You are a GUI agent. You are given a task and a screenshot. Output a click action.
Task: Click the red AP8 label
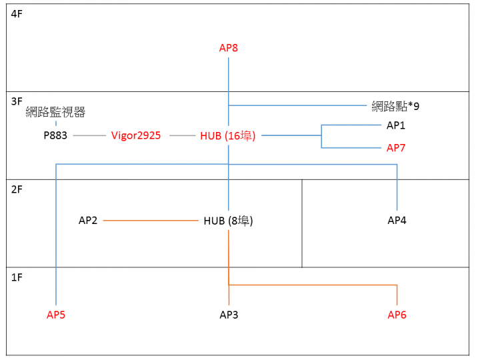pyautogui.click(x=229, y=48)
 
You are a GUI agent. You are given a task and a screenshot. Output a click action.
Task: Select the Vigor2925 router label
pyautogui.click(x=136, y=135)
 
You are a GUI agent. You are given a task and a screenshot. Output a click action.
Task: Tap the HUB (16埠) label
pyautogui.click(x=228, y=135)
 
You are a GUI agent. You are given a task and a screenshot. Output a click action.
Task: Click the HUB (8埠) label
pyautogui.click(x=229, y=221)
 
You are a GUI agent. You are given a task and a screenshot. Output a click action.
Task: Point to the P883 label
pyautogui.click(x=55, y=135)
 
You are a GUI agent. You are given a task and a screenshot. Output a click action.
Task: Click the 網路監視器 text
pyautogui.click(x=55, y=112)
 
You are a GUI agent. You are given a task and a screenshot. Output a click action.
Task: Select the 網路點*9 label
pyautogui.click(x=395, y=106)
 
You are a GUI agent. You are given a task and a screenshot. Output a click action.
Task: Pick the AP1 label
pyautogui.click(x=396, y=125)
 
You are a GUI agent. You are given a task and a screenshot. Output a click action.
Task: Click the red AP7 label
pyautogui.click(x=396, y=148)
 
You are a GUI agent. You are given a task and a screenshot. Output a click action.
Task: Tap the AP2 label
pyautogui.click(x=88, y=221)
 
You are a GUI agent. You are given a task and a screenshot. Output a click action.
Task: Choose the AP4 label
pyautogui.click(x=397, y=221)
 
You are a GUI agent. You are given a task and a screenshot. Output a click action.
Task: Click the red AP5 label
pyautogui.click(x=56, y=315)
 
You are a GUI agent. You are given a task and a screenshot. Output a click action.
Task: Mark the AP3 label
pyautogui.click(x=229, y=315)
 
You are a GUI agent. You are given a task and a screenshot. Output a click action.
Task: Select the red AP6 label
pyautogui.click(x=397, y=315)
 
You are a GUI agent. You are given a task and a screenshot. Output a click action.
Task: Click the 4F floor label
pyautogui.click(x=17, y=14)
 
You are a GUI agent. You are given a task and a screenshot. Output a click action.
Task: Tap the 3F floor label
pyautogui.click(x=17, y=101)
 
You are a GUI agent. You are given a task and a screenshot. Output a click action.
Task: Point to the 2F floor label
pyautogui.click(x=17, y=189)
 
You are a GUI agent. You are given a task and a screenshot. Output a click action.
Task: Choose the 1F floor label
pyautogui.click(x=17, y=277)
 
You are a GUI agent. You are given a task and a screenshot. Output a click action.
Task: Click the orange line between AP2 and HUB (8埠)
pyautogui.click(x=151, y=221)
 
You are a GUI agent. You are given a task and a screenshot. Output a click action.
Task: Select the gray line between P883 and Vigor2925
pyautogui.click(x=89, y=135)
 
